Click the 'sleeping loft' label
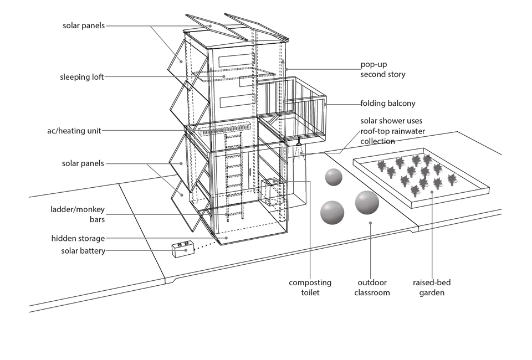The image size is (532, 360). point(82,77)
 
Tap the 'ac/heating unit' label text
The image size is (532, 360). point(74,131)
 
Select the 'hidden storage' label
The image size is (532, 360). point(78,239)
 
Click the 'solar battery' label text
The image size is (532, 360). point(83,251)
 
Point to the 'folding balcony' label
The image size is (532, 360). point(388,104)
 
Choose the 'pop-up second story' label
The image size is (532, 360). point(383,69)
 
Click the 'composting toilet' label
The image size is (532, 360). point(310,287)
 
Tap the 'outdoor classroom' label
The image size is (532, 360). point(372,287)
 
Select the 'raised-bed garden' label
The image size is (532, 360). point(432,287)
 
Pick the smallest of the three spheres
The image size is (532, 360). point(334,177)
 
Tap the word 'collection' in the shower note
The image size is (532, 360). point(378,141)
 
